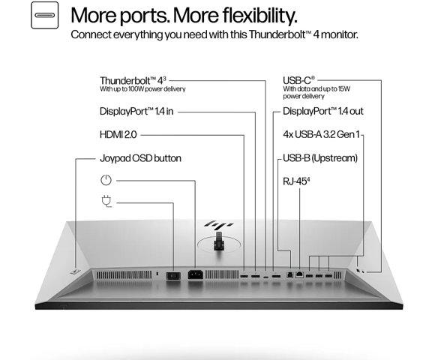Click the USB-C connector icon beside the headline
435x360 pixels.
[x=45, y=15]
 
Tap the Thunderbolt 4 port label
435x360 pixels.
[x=133, y=81]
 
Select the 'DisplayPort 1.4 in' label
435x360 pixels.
[x=136, y=112]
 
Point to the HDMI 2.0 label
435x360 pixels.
[x=118, y=135]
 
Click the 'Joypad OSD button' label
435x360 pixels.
[x=140, y=158]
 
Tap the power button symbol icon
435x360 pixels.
[x=106, y=180]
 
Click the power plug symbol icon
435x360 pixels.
[x=106, y=201]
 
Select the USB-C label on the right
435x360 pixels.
[x=298, y=80]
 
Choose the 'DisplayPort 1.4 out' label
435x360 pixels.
[x=323, y=111]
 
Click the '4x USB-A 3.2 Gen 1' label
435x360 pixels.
[x=321, y=134]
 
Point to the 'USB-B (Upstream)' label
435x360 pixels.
[x=320, y=158]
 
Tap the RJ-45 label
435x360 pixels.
[x=296, y=181]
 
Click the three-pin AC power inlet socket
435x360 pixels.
[x=196, y=274]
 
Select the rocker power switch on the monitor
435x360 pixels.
[x=173, y=276]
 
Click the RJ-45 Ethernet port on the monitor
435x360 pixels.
[x=299, y=274]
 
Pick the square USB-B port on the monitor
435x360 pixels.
[x=289, y=274]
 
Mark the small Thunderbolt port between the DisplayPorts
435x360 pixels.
[x=265, y=277]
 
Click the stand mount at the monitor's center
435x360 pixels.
[x=219, y=241]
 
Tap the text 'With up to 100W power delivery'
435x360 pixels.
[x=142, y=89]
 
